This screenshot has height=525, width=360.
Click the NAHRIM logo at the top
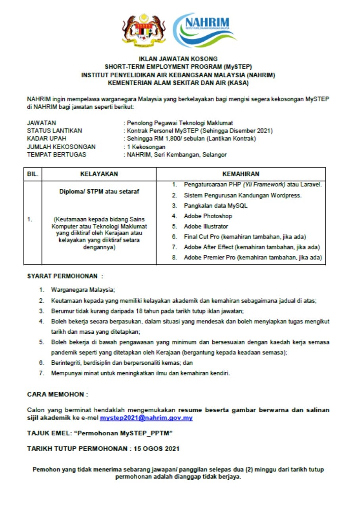[x=204, y=30]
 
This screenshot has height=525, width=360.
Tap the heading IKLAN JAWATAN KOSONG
[x=178, y=59]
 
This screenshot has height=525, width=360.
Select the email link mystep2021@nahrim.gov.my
[x=146, y=418]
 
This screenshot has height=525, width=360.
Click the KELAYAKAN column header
[x=99, y=174]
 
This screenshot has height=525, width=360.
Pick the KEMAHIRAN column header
[x=241, y=174]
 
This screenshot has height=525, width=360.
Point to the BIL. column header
[x=33, y=174]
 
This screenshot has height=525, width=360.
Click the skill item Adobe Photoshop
[x=208, y=216]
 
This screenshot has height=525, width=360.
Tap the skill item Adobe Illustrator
[x=206, y=226]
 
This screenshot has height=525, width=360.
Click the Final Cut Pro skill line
[x=244, y=237]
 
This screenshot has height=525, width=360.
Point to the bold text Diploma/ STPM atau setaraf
[x=99, y=191]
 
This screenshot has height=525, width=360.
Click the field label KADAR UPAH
[x=46, y=138]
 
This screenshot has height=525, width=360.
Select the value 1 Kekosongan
[x=146, y=146]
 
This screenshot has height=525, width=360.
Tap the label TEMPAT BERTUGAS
[x=56, y=154]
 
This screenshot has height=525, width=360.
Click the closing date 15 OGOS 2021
[x=156, y=449]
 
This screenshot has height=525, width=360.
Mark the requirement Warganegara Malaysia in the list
[x=83, y=290]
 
